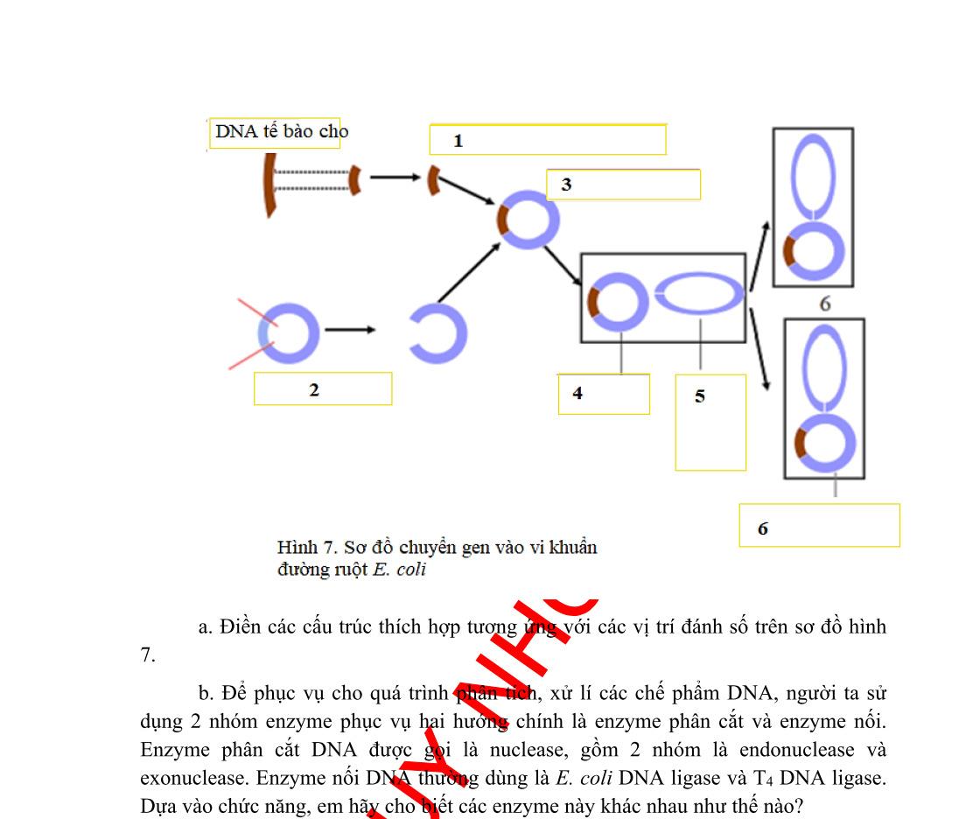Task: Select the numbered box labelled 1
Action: pyautogui.click(x=547, y=140)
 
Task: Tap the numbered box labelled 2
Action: pyautogui.click(x=322, y=389)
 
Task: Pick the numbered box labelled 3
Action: pyautogui.click(x=623, y=185)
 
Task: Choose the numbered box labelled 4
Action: pyautogui.click(x=604, y=394)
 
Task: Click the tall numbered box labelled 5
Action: pyautogui.click(x=710, y=422)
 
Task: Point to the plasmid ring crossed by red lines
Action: pyautogui.click(x=289, y=332)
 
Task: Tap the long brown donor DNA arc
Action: pyautogui.click(x=269, y=183)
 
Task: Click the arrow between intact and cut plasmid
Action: pyautogui.click(x=350, y=330)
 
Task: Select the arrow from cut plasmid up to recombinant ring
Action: pyautogui.click(x=468, y=273)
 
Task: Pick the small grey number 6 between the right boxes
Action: pyautogui.click(x=825, y=304)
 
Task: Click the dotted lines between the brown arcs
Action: pyautogui.click(x=311, y=180)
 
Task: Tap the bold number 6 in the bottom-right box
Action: pyautogui.click(x=763, y=528)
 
